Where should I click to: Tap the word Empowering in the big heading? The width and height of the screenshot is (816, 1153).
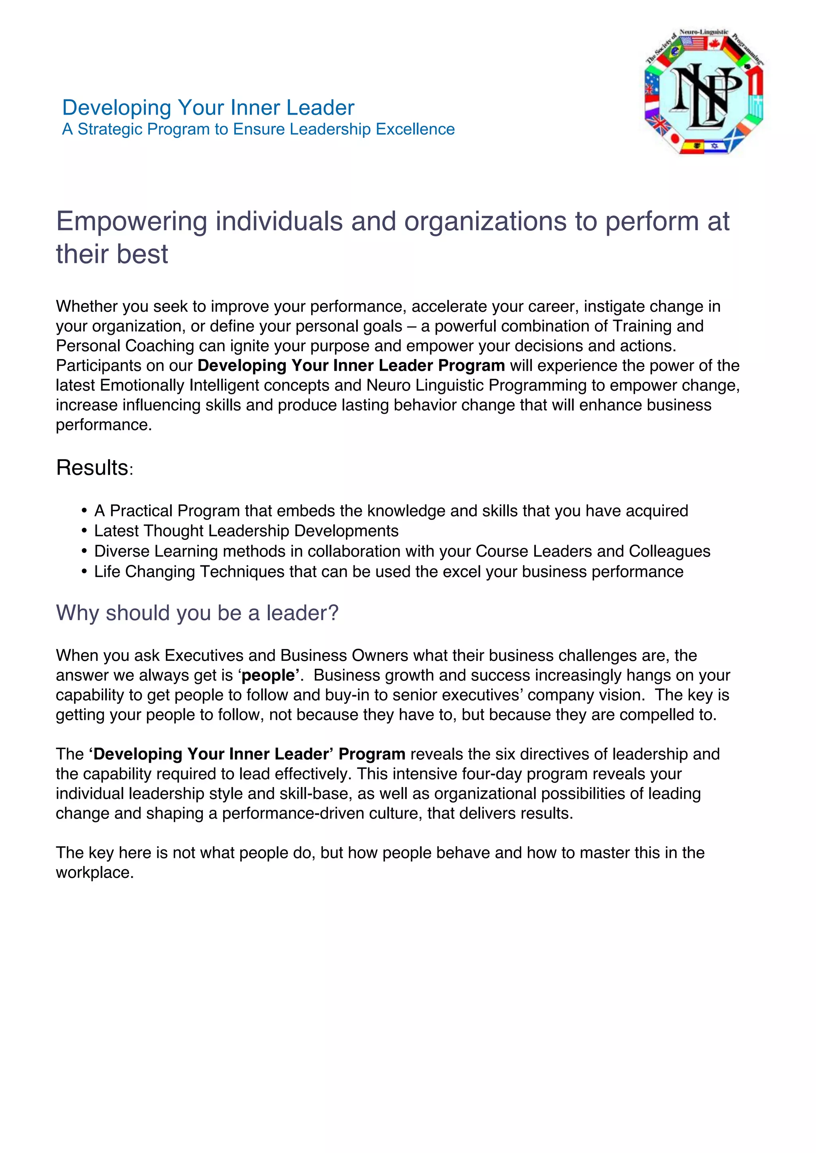pyautogui.click(x=131, y=222)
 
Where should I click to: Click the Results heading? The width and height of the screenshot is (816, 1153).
pyautogui.click(x=92, y=468)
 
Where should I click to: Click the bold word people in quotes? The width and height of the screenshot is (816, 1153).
pyautogui.click(x=268, y=675)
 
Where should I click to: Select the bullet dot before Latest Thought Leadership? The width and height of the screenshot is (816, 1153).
pyautogui.click(x=84, y=531)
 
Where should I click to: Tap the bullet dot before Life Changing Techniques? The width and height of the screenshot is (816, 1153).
pyautogui.click(x=84, y=572)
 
